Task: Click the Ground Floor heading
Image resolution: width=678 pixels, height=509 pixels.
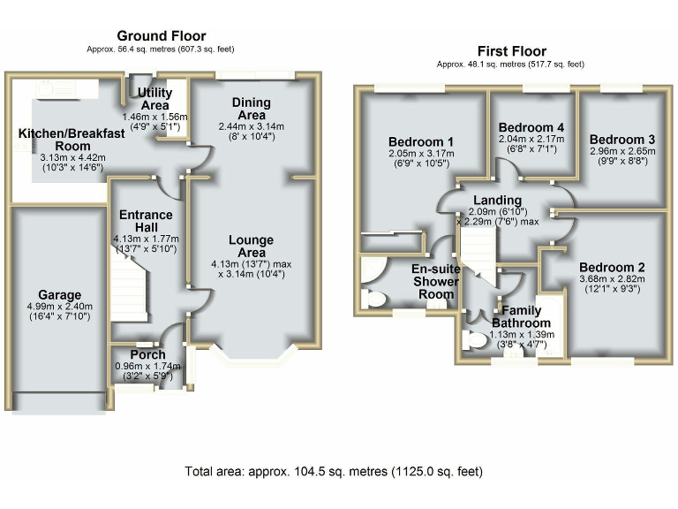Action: tap(162, 36)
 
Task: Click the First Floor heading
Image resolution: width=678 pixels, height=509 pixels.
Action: tap(512, 51)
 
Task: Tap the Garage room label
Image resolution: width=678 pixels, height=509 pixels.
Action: tap(60, 295)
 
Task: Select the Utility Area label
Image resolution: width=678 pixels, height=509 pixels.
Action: tap(154, 99)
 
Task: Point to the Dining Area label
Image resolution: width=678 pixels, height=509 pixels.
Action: tap(252, 109)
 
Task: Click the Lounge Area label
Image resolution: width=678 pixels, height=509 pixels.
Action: tap(252, 247)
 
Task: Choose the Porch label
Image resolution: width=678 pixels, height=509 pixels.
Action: tap(147, 354)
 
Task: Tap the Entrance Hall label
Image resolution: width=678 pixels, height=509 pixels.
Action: tap(147, 221)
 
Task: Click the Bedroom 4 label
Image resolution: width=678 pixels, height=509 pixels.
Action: tap(531, 127)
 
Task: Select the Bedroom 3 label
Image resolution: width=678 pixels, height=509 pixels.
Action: tap(622, 140)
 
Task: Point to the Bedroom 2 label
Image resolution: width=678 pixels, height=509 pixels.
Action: tap(613, 267)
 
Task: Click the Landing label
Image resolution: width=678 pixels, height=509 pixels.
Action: tap(498, 200)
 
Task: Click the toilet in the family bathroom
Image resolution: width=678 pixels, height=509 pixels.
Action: tap(474, 339)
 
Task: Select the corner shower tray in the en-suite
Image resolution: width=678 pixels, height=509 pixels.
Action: tap(373, 270)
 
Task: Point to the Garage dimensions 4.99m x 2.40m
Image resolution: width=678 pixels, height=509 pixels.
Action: tap(60, 307)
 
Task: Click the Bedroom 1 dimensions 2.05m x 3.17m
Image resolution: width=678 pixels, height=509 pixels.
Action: tap(421, 154)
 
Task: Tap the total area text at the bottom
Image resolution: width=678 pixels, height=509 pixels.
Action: tap(334, 471)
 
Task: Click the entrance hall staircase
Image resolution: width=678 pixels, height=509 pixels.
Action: tap(128, 285)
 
